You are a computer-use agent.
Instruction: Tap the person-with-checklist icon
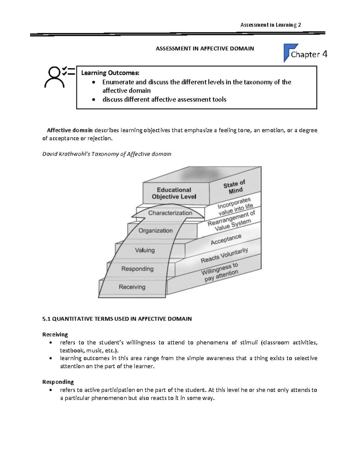(58, 77)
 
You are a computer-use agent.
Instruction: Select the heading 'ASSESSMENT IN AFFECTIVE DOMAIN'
(205, 48)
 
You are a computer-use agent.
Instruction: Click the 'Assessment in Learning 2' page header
(270, 25)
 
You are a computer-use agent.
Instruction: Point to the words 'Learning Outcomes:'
(110, 73)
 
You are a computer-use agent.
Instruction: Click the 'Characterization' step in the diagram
(170, 213)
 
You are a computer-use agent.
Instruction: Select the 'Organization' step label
(155, 230)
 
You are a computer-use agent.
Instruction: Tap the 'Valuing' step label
(145, 250)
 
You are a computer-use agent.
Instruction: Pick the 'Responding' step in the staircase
(137, 269)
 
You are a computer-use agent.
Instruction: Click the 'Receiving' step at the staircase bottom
(132, 287)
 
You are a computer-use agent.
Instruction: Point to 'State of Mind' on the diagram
(235, 187)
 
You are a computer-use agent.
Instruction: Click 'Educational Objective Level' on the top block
(174, 193)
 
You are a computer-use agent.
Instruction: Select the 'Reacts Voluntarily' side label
(224, 255)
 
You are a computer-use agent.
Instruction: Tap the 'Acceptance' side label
(226, 239)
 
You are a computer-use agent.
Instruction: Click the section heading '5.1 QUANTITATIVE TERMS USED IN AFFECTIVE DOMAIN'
(117, 319)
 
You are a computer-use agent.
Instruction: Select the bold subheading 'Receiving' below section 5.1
(55, 334)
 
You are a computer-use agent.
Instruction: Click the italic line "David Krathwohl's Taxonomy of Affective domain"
(107, 154)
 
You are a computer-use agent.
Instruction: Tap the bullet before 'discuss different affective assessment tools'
(94, 100)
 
